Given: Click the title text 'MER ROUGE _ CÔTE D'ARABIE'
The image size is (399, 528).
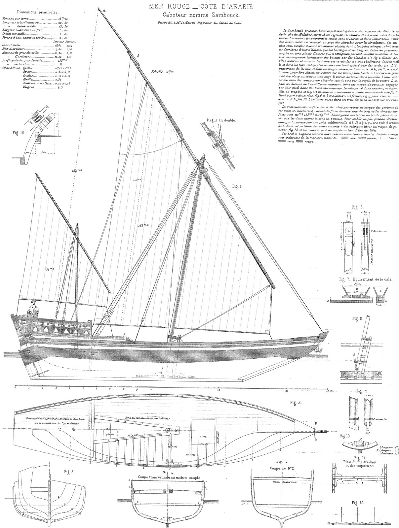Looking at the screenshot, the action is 199,7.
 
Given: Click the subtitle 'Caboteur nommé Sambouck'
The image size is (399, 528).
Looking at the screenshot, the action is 199,15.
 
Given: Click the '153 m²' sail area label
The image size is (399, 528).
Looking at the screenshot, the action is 143,225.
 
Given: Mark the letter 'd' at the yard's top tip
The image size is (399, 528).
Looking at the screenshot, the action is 104,10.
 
